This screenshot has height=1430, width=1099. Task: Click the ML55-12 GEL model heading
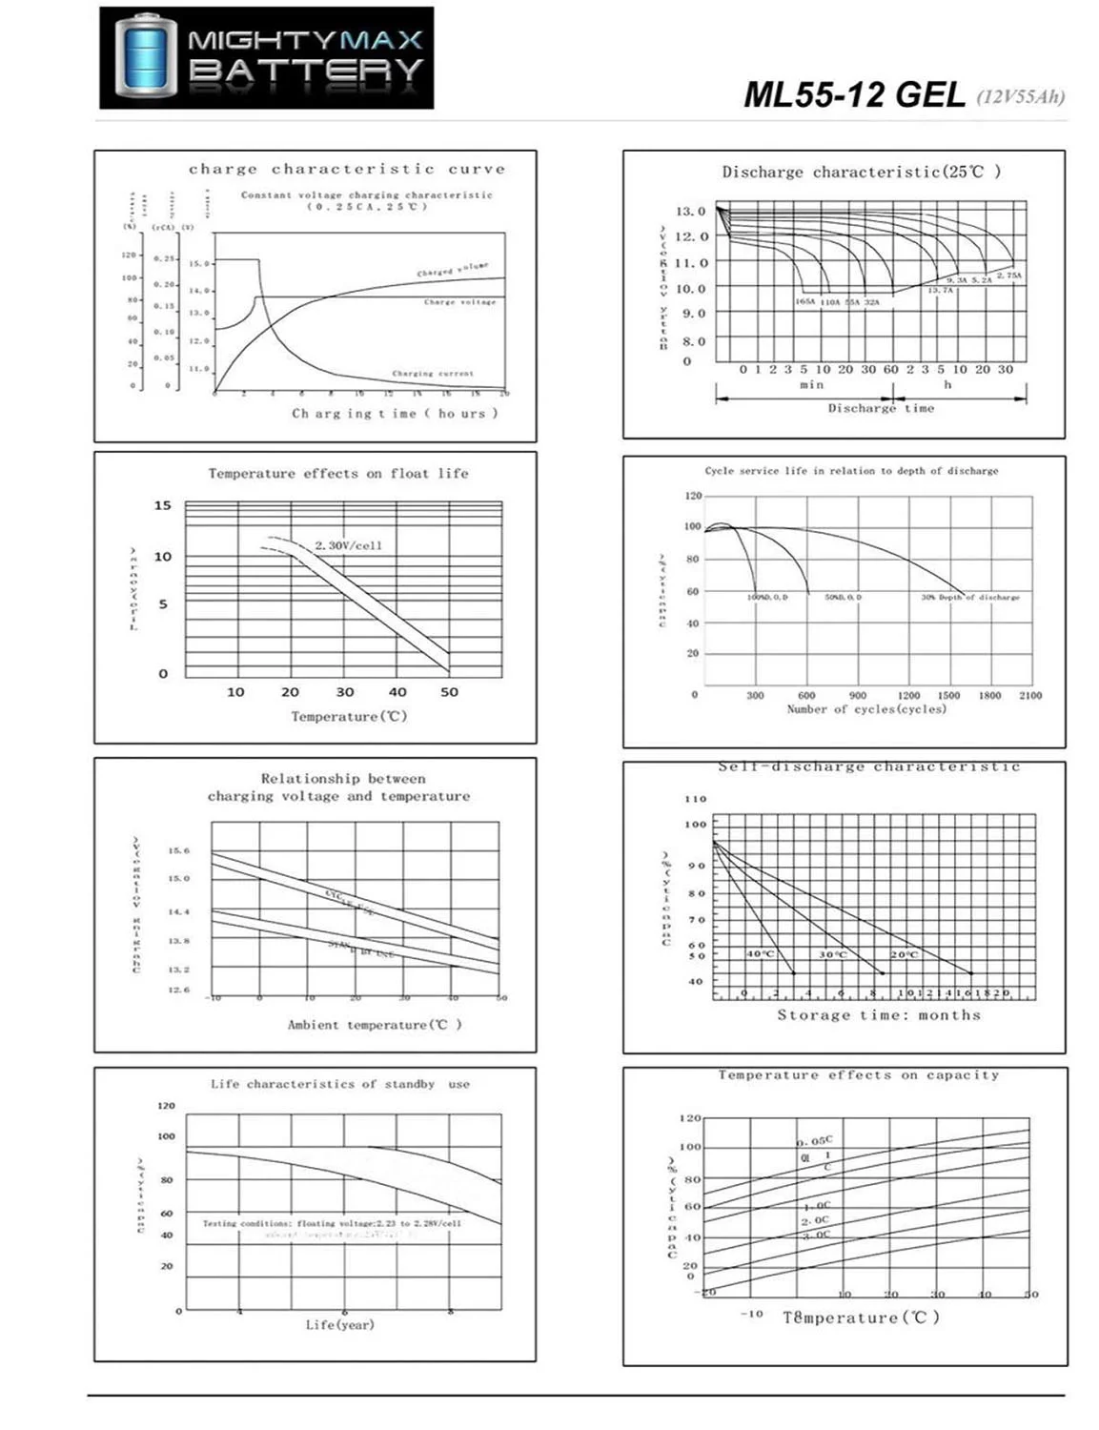[x=854, y=95]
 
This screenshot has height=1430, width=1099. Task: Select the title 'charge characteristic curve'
[x=347, y=170]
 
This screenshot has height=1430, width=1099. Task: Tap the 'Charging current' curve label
[x=433, y=374]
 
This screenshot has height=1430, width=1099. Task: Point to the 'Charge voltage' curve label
[x=459, y=302]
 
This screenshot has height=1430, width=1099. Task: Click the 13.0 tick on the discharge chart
[x=691, y=211]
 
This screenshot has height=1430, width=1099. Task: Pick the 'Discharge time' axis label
[x=881, y=408]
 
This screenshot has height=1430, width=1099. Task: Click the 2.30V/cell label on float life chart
[x=348, y=545]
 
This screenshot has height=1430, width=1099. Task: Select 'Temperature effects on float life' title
[x=338, y=473]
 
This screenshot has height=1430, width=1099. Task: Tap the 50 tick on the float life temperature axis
[x=449, y=692]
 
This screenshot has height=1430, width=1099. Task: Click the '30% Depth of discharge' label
[x=969, y=598]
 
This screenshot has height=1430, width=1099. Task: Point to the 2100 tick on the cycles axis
[x=1030, y=696]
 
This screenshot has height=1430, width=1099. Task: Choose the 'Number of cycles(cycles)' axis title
[x=866, y=709]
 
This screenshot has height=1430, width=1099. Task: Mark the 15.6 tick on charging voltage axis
[x=178, y=850]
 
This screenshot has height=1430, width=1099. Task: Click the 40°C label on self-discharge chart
[x=760, y=954]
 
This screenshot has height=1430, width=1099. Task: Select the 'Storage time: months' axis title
[x=879, y=1015]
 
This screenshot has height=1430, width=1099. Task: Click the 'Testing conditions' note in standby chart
[x=332, y=1223]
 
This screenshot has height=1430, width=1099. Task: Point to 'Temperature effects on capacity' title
[x=859, y=1075]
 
